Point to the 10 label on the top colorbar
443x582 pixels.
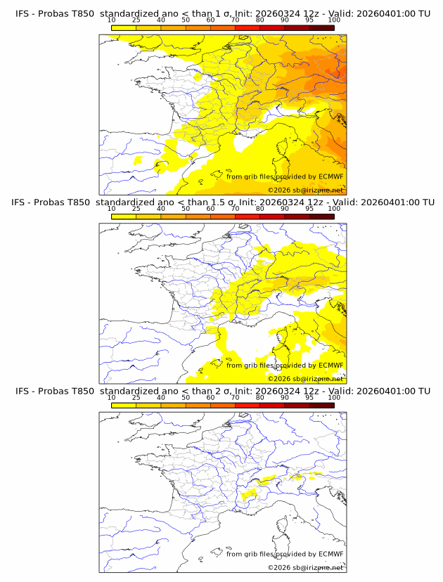click(x=111, y=20)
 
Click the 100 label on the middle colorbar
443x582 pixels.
click(x=334, y=209)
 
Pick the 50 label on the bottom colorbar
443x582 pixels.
click(x=186, y=397)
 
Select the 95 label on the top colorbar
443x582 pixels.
click(x=309, y=20)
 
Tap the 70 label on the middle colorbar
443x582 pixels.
click(x=235, y=209)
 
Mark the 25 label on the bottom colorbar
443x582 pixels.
click(x=136, y=397)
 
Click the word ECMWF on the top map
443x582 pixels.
click(x=331, y=176)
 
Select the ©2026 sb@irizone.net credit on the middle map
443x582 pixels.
click(x=305, y=378)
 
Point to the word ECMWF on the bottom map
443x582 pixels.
click(x=331, y=554)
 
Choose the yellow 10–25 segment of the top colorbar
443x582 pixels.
click(x=124, y=27)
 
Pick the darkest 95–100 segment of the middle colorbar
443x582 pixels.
click(x=321, y=216)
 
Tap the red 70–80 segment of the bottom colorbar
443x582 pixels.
click(x=248, y=404)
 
